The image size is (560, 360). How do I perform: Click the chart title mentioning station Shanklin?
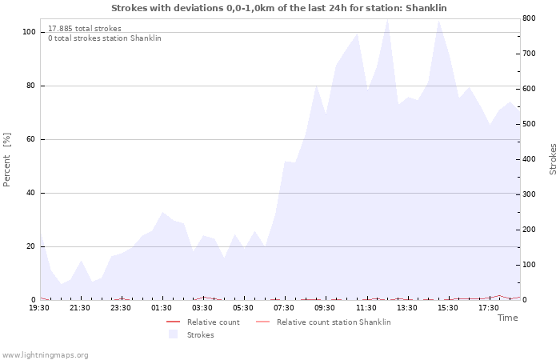(x=279, y=8)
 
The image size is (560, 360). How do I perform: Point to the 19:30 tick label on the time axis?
(x=39, y=308)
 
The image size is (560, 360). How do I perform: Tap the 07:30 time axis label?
(x=284, y=308)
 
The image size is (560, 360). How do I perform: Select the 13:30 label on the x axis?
(x=406, y=308)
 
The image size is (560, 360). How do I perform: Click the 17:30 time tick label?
(x=489, y=308)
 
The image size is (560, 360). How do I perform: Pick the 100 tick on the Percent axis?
(x=29, y=32)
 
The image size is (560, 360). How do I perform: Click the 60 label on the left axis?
(x=31, y=139)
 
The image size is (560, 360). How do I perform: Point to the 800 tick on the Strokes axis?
(x=529, y=18)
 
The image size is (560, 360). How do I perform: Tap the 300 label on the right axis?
(x=529, y=194)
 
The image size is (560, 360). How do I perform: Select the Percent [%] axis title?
(x=6, y=160)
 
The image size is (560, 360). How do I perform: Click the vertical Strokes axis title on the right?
(x=553, y=159)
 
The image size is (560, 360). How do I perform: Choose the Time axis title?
(x=507, y=318)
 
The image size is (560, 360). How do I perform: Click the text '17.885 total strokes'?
(x=85, y=29)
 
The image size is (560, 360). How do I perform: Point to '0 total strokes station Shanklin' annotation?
(x=105, y=38)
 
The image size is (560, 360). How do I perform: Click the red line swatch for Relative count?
(x=174, y=322)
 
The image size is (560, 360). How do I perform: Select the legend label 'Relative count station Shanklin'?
(x=334, y=322)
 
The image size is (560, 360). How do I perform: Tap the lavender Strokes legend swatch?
(x=174, y=334)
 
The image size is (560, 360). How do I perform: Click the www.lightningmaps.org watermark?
(x=45, y=355)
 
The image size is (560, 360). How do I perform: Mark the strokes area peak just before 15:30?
(x=438, y=21)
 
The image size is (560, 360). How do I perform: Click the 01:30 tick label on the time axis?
(x=162, y=308)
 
